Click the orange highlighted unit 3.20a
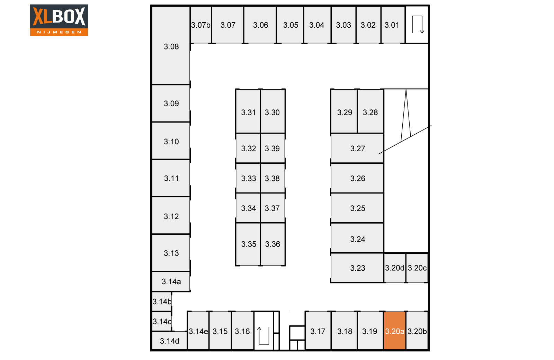394,331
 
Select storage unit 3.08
171,45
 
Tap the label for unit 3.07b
200,25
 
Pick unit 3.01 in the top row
393,25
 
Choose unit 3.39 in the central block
272,148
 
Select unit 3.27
357,148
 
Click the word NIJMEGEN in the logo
59,32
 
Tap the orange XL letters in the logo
42,16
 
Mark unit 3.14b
162,301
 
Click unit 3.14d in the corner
169,341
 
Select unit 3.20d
395,268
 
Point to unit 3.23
357,268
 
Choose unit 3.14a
171,281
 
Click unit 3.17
318,331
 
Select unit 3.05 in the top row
291,25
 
